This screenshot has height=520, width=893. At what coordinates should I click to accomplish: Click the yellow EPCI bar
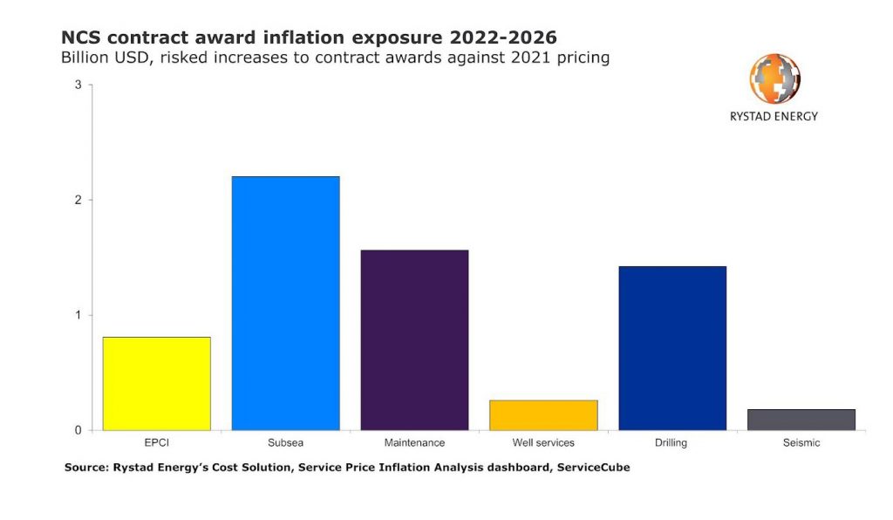pos(156,384)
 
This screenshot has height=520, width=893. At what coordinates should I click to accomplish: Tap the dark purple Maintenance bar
pos(414,340)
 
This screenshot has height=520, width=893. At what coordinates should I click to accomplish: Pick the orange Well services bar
pos(543,415)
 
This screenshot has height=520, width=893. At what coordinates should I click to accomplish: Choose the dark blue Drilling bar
pos(671,348)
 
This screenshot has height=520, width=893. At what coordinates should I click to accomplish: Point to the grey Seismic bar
pos(801,420)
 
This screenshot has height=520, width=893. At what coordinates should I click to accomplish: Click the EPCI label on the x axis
pos(156,443)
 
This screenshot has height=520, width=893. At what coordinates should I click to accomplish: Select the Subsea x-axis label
pos(285,443)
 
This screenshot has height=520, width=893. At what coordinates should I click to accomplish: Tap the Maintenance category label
pos(414,443)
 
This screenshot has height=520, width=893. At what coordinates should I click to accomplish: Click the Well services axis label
pos(543,443)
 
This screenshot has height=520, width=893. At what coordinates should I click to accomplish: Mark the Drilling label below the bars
pos(671,443)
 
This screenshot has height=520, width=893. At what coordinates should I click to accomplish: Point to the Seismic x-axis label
pos(801,443)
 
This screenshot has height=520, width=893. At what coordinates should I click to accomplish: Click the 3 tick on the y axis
pos(78,85)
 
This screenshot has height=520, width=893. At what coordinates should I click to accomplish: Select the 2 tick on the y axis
pos(78,200)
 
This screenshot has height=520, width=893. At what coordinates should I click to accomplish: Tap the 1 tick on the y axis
pos(78,315)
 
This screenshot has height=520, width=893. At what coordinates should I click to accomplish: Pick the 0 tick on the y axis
pos(78,430)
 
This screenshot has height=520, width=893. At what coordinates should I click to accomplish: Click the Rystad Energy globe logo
pos(774,79)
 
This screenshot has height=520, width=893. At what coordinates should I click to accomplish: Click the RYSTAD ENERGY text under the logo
pos(774,116)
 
